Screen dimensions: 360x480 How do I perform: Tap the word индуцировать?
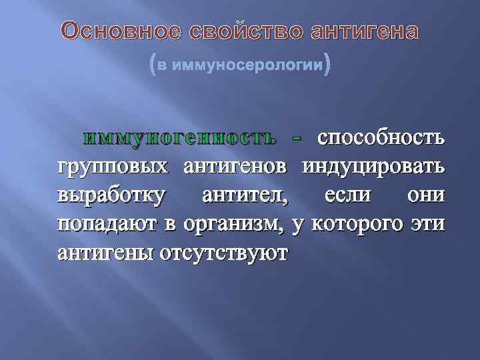tap(373, 167)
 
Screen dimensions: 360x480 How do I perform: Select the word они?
tap(423, 196)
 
